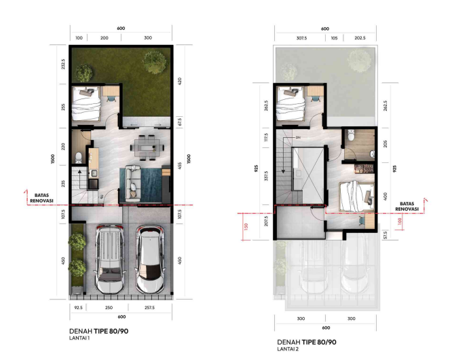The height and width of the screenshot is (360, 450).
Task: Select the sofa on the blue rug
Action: click(132, 183)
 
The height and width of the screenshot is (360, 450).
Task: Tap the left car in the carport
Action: click(110, 258)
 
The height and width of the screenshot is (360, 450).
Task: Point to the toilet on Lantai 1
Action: click(78, 158)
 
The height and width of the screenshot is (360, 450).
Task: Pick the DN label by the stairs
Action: click(298, 138)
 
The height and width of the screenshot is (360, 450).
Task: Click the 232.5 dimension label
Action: click(63, 64)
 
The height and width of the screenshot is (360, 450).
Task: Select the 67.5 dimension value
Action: click(180, 122)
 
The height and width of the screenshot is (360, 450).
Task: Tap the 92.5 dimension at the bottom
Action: click(78, 308)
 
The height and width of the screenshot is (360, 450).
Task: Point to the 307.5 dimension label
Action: click(301, 38)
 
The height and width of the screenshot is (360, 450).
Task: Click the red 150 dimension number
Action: click(246, 227)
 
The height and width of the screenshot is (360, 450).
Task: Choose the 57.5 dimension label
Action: click(385, 235)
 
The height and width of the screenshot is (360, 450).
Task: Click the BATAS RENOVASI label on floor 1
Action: click(41, 198)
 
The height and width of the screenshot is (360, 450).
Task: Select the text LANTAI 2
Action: click(288, 349)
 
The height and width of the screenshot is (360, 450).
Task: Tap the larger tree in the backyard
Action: click(155, 62)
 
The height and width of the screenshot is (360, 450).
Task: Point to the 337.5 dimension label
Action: click(266, 176)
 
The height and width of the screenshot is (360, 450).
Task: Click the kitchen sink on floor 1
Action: click(94, 173)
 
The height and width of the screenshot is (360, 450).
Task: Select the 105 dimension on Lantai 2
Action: click(334, 38)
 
